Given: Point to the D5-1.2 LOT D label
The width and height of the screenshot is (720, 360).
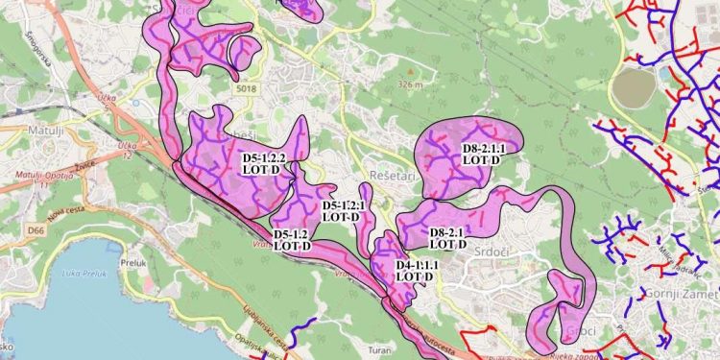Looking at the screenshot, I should tap(291, 240).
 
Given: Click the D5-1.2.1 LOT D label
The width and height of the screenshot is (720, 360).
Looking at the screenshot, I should tap(341, 211).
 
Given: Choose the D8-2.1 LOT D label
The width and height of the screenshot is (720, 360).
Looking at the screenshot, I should tap(446, 238).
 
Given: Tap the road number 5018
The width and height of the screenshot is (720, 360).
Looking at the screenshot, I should tap(245, 90).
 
